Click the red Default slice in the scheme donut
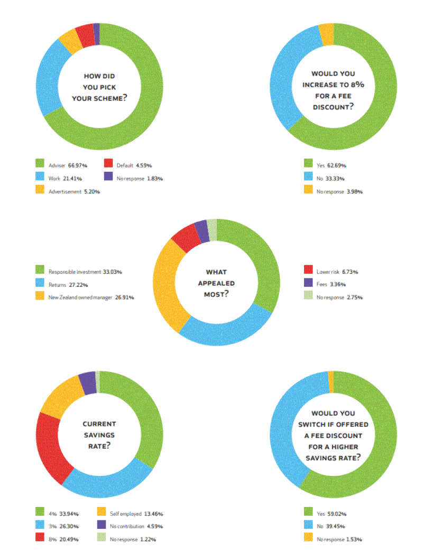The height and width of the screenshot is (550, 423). pyautogui.click(x=85, y=35)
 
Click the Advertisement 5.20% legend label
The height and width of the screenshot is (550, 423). pyautogui.click(x=75, y=191)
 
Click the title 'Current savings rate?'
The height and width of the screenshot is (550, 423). pyautogui.click(x=99, y=435)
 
